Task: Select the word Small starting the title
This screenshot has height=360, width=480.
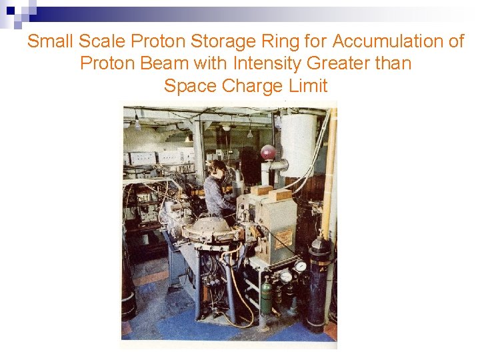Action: click(x=51, y=41)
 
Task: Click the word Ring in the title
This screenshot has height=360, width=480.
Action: click(x=278, y=41)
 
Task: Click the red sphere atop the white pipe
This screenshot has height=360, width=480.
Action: click(x=268, y=153)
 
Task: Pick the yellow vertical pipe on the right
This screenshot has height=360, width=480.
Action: click(x=329, y=173)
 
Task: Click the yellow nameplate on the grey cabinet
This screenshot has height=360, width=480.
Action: click(x=283, y=237)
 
